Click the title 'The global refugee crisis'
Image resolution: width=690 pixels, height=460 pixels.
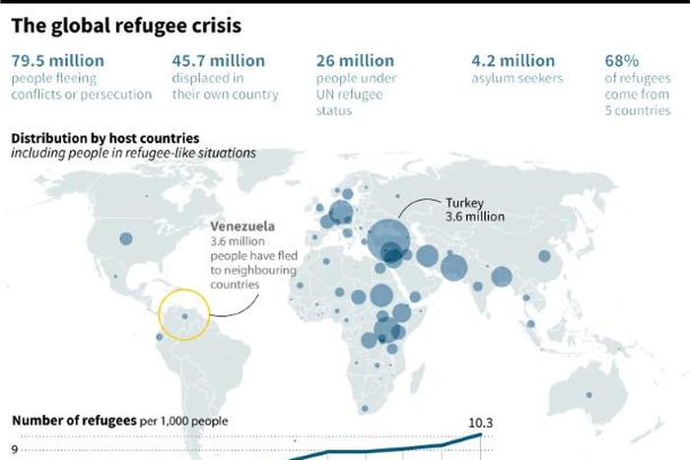125,22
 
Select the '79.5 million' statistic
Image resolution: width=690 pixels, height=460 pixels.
57,61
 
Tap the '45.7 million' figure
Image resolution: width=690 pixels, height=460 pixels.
218,61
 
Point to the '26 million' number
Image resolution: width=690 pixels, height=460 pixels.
355,61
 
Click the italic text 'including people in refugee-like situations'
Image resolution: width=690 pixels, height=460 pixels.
133,153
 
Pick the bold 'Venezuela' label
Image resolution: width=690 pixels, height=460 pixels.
242,226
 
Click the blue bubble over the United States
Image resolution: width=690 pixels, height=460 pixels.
125,238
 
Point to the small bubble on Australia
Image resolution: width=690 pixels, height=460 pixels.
589,395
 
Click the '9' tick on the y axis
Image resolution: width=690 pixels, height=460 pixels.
14,449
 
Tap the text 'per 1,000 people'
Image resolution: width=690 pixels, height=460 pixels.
182,422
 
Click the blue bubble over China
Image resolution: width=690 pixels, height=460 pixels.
544,256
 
